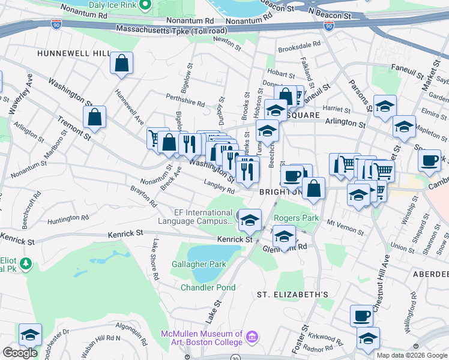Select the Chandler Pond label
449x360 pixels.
pyautogui.click(x=209, y=287)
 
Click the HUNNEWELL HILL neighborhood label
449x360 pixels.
pyautogui.click(x=73, y=53)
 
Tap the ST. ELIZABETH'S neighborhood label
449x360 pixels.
pyautogui.click(x=292, y=295)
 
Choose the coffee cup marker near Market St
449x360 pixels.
pyautogui.click(x=430, y=161)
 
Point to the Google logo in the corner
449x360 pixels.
pyautogui.click(x=20, y=353)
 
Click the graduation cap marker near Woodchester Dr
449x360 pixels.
pyautogui.click(x=30, y=334)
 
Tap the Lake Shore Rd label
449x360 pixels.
pyautogui.click(x=155, y=260)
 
